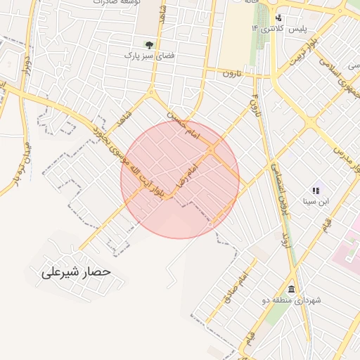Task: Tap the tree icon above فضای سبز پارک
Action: point(148,44)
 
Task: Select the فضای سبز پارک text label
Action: point(148,55)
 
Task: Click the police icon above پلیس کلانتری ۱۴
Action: point(279,18)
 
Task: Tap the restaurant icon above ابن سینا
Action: point(315,191)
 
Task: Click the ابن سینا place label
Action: point(316,202)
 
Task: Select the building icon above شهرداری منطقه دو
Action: point(291,290)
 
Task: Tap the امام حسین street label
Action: point(184,124)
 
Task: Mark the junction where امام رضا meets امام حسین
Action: point(210,149)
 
